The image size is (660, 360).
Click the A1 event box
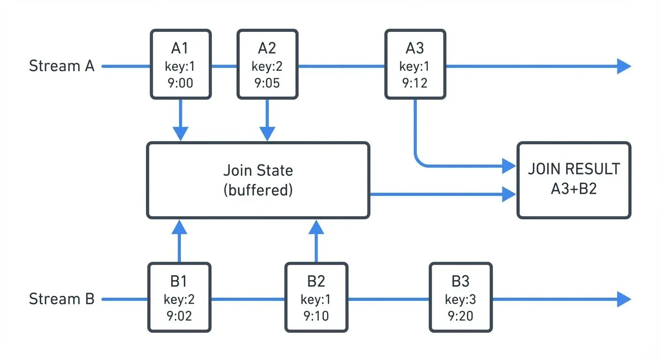(x=180, y=64)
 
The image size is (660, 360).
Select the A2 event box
(x=267, y=64)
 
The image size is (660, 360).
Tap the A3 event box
(x=415, y=64)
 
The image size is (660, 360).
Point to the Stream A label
(x=62, y=66)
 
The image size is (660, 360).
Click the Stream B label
(x=62, y=299)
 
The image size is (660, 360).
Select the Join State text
(x=258, y=170)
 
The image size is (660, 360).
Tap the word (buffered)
(x=258, y=191)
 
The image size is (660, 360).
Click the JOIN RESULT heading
(x=574, y=169)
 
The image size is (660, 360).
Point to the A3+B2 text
(x=574, y=190)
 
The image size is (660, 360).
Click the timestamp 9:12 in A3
(x=415, y=83)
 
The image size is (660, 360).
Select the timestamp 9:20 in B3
(x=460, y=316)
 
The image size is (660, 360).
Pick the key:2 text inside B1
(x=179, y=299)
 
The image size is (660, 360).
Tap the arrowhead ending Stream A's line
(x=623, y=66)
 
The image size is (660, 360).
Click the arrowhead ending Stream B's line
(x=623, y=299)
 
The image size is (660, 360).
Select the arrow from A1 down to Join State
(x=180, y=121)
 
